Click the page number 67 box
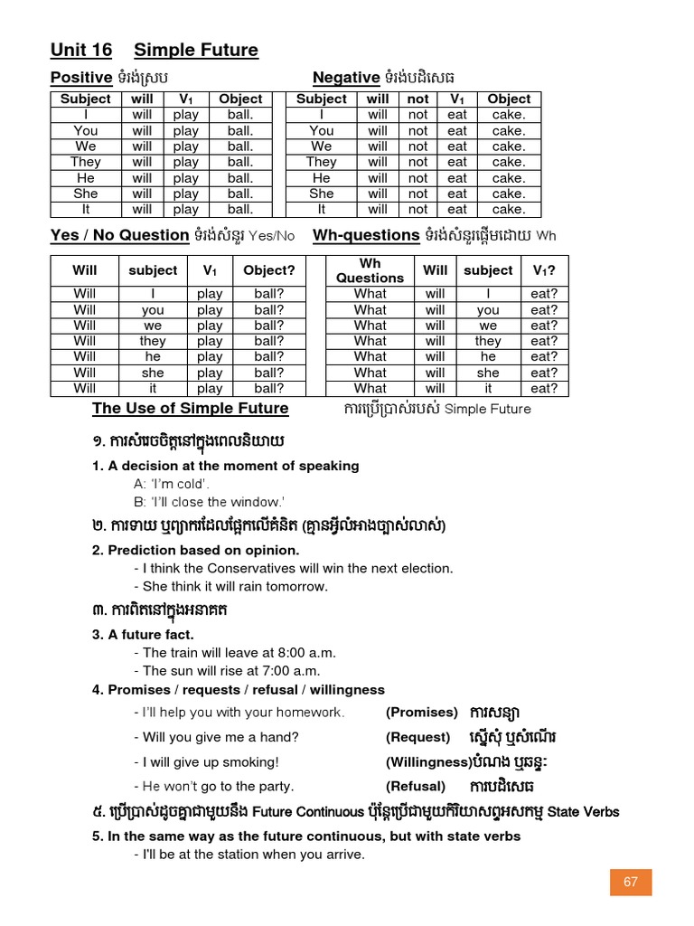pyautogui.click(x=631, y=882)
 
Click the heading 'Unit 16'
pyautogui.click(x=81, y=50)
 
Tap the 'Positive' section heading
pyautogui.click(x=81, y=78)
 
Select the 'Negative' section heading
pyautogui.click(x=346, y=78)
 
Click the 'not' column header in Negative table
pyautogui.click(x=417, y=99)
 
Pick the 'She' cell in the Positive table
pyautogui.click(x=86, y=194)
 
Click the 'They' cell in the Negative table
pyautogui.click(x=321, y=162)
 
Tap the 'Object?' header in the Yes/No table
pyautogui.click(x=269, y=270)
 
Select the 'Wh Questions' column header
pyautogui.click(x=370, y=270)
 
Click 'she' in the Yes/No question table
pyautogui.click(x=153, y=373)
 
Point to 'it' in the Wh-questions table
pyautogui.click(x=488, y=389)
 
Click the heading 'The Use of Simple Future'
pyautogui.click(x=191, y=408)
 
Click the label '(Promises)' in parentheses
pyautogui.click(x=422, y=713)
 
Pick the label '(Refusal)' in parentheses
pyautogui.click(x=416, y=787)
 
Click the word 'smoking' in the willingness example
pyautogui.click(x=249, y=761)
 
